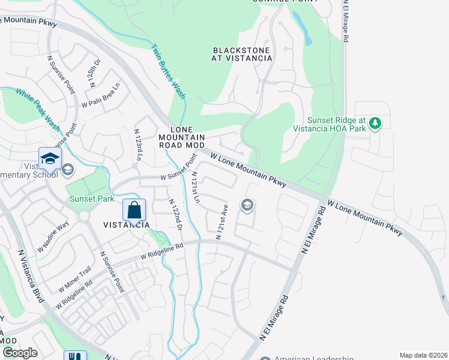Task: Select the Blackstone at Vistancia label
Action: coord(242,54)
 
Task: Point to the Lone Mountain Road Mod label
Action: coord(182,137)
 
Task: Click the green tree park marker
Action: coord(375,124)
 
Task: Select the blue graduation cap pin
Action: coord(50,158)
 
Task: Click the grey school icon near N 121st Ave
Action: coord(247,206)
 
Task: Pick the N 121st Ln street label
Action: coord(194,187)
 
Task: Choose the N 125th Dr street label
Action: coord(93,74)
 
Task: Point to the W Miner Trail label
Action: coord(74,279)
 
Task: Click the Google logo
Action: coord(20,353)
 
